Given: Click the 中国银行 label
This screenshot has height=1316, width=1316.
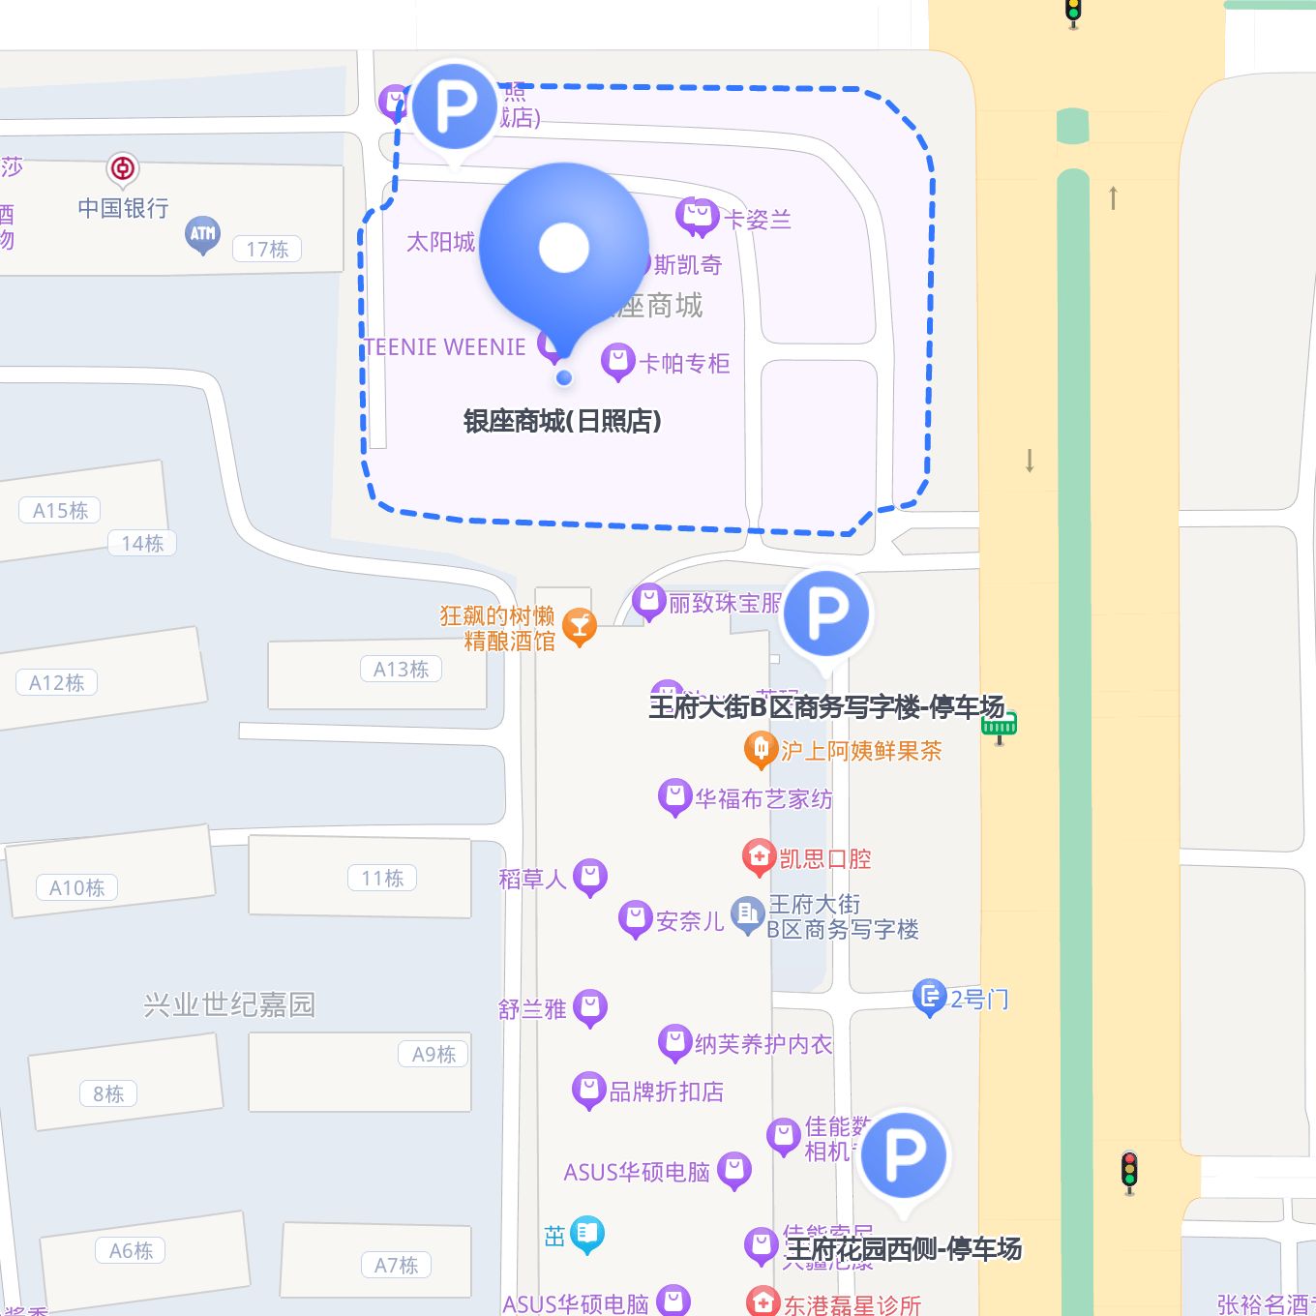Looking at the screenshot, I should point(123,208).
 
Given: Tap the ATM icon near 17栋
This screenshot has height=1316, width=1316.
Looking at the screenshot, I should point(203,233).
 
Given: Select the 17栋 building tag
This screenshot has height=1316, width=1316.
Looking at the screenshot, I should point(267,250).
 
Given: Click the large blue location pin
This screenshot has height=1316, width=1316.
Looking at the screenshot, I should point(564,251).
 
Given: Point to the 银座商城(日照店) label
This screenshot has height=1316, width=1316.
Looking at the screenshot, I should point(562,421).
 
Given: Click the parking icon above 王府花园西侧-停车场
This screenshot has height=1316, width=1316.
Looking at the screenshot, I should point(904,1154).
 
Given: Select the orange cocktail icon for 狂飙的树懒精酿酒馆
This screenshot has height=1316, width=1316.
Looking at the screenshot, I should point(580,626).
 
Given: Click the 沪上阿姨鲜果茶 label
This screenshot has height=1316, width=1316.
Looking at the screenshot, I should point(861,751).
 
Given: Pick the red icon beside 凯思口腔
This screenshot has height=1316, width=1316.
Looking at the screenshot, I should point(759,856).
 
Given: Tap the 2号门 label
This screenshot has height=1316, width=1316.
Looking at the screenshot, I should point(979,1000).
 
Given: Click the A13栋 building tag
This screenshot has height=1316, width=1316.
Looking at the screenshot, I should point(401,670).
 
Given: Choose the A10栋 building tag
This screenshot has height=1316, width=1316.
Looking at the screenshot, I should point(76,888).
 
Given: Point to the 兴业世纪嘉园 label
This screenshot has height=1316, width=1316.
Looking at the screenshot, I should point(229,1005).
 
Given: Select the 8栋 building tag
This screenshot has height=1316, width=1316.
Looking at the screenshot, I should point(108,1094).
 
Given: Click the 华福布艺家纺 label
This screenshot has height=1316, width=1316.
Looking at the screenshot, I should point(763,799).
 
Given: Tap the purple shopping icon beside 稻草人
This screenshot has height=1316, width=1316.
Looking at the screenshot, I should point(590,877).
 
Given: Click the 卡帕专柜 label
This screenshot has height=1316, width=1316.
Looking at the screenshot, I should point(684,364).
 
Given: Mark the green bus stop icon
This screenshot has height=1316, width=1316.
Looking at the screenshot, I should point(1000,725).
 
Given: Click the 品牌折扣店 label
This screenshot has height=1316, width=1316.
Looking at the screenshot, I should point(666,1092).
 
